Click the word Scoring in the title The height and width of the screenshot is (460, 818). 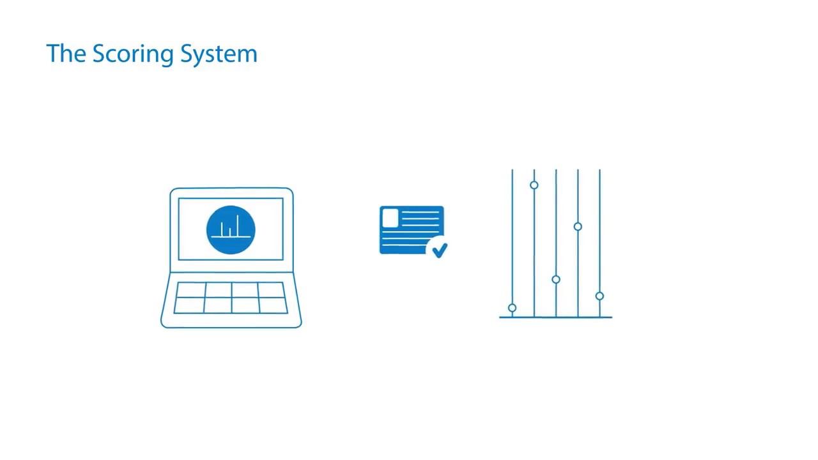(133, 55)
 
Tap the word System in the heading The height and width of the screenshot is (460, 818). (219, 55)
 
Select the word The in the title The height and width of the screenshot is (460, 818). (66, 54)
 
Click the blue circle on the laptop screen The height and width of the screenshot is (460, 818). (231, 230)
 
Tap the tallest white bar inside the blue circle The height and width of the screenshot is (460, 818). (237, 226)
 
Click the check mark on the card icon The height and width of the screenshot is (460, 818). (439, 250)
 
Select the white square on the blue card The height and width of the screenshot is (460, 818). (390, 218)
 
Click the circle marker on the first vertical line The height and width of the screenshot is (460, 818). (513, 308)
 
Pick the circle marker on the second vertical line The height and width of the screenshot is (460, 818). (534, 185)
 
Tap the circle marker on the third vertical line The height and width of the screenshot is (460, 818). (556, 280)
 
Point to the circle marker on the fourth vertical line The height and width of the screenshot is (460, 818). (578, 227)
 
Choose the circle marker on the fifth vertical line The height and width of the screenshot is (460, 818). (599, 296)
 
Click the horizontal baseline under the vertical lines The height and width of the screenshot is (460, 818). (556, 318)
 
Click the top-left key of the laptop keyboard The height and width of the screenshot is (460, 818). (190, 290)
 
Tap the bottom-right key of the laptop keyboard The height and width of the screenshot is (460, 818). (274, 305)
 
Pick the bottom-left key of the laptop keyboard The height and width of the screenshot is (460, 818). (189, 305)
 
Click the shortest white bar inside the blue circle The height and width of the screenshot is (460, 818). (230, 232)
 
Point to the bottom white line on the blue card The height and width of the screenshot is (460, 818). (404, 245)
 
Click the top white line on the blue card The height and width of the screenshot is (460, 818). (421, 212)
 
